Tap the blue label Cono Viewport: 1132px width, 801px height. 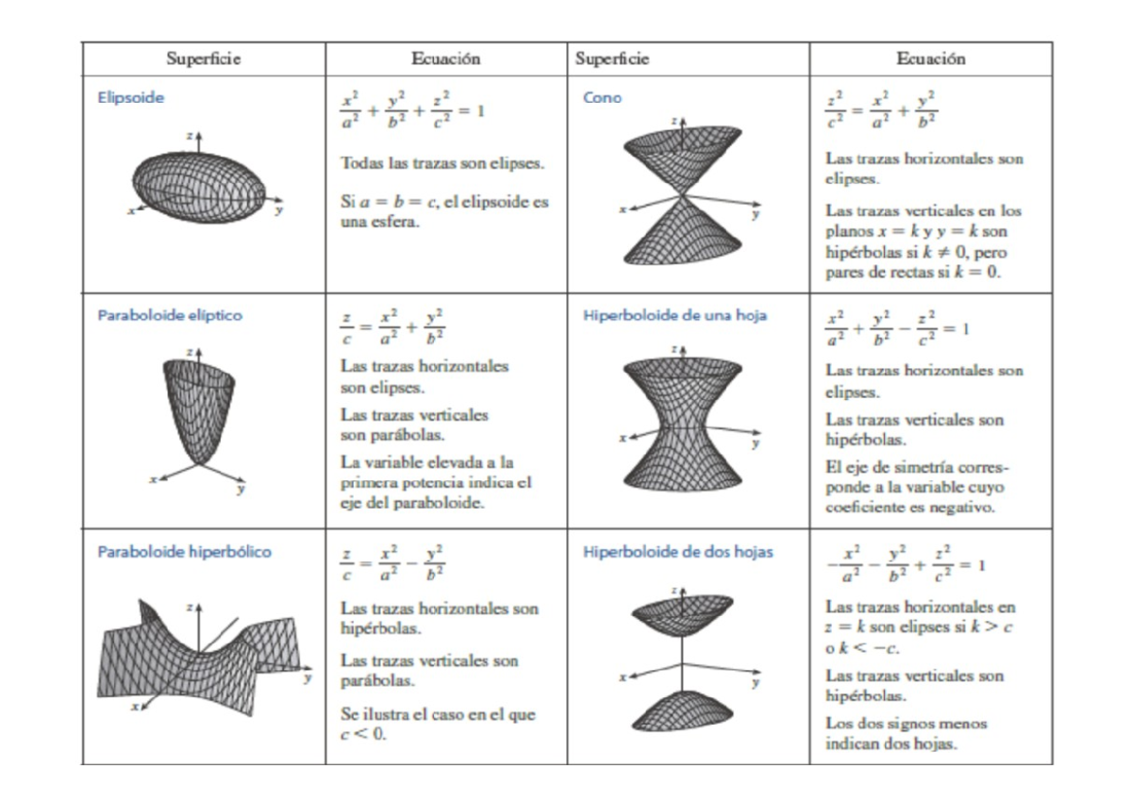[602, 97]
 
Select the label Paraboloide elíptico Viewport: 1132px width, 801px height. [170, 315]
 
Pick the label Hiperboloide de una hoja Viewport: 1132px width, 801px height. [674, 315]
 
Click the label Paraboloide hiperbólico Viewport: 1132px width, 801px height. [184, 551]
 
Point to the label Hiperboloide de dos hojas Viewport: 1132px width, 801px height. [677, 551]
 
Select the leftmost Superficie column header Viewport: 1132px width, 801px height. [203, 58]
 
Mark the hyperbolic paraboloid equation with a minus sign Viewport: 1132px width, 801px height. [392, 563]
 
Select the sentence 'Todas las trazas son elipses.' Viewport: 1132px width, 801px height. [441, 163]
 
